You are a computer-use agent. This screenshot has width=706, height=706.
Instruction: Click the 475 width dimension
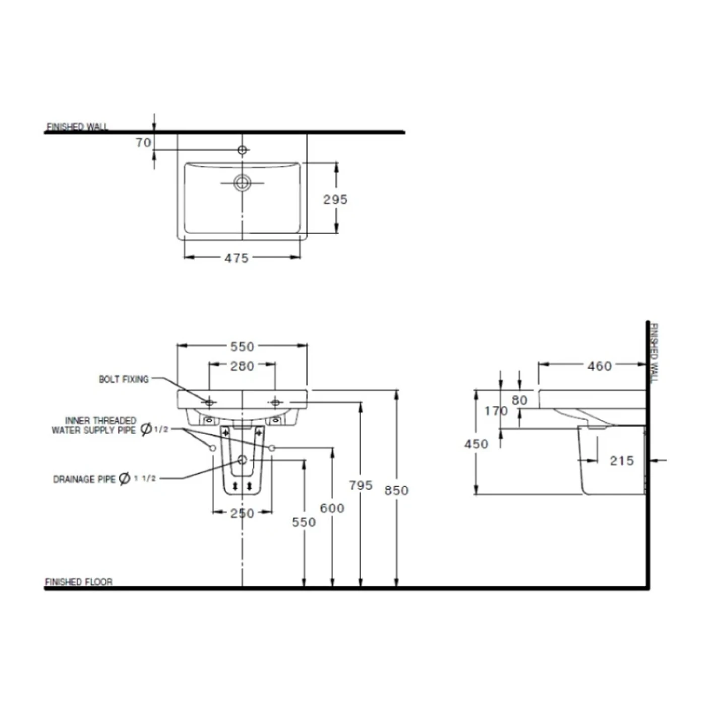(237, 258)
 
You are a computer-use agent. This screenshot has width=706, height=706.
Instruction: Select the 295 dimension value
(335, 199)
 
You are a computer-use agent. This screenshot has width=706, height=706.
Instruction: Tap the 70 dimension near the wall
(143, 142)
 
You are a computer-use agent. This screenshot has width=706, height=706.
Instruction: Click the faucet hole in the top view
(242, 150)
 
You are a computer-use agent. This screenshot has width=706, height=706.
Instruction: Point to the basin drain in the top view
(242, 183)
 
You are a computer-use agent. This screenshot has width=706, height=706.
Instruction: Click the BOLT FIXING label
(124, 379)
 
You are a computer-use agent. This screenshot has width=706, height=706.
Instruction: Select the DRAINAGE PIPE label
(84, 479)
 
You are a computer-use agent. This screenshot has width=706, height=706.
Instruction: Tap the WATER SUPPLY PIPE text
(93, 430)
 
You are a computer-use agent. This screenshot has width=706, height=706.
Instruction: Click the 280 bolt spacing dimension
(242, 366)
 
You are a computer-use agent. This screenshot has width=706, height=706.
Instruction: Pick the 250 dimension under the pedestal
(242, 513)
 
